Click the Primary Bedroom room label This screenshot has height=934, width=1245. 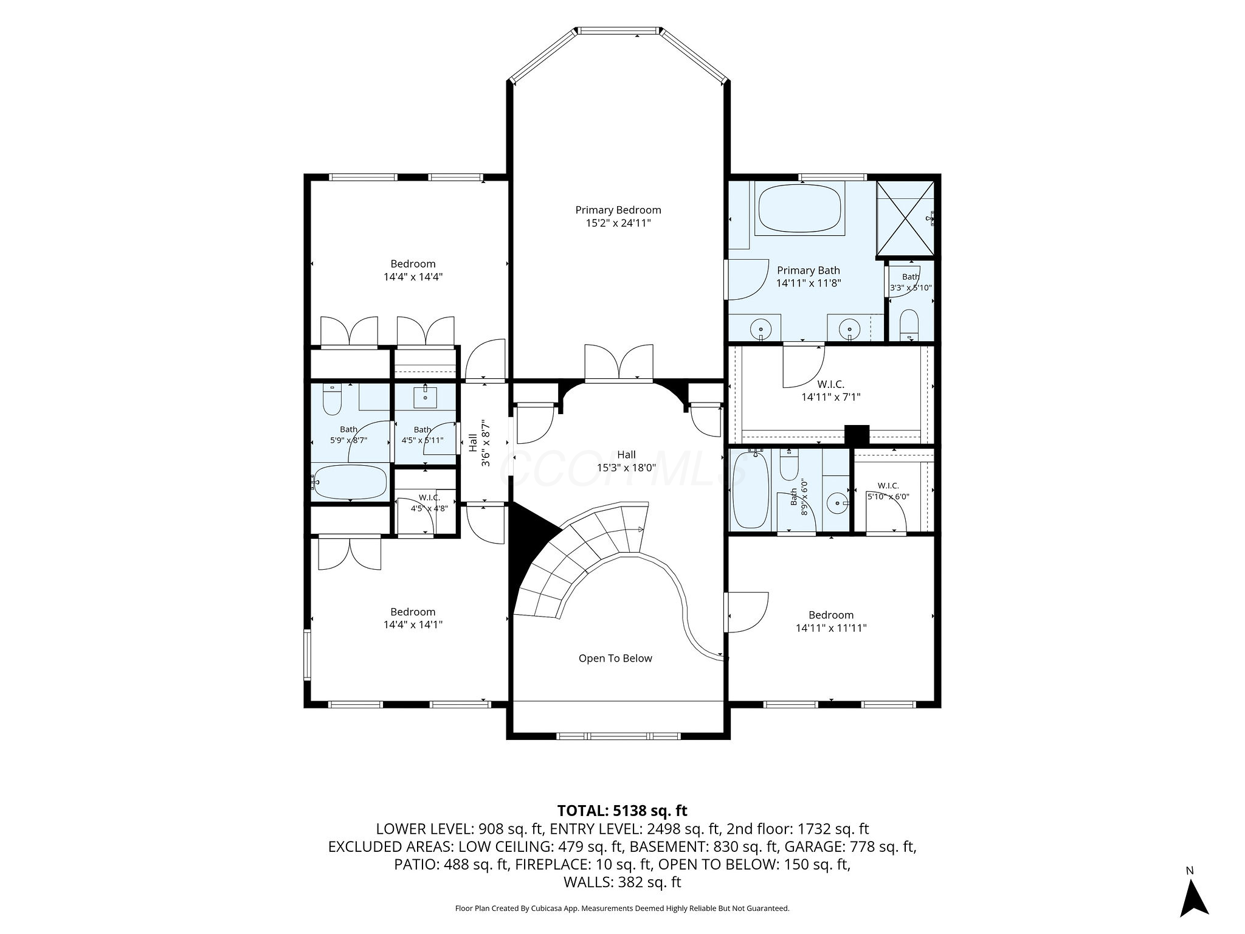point(618,216)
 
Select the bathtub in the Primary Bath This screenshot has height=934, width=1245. point(800,208)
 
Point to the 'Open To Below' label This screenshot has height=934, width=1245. point(615,658)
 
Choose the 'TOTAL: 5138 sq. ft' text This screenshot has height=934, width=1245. point(622,811)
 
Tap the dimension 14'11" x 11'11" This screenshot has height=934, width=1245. point(831,628)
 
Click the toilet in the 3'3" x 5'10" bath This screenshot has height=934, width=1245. point(910,323)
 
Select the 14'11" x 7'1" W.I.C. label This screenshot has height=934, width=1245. point(831,391)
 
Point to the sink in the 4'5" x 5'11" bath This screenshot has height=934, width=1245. point(425,396)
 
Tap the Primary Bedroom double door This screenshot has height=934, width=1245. point(619,363)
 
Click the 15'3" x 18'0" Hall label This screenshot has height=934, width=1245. point(627,461)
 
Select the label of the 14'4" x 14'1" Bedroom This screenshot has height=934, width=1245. point(413,618)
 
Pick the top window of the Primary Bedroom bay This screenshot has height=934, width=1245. point(619,30)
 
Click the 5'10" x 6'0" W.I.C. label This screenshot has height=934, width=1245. point(888,491)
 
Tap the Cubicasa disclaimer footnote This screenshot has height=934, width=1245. point(622,908)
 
